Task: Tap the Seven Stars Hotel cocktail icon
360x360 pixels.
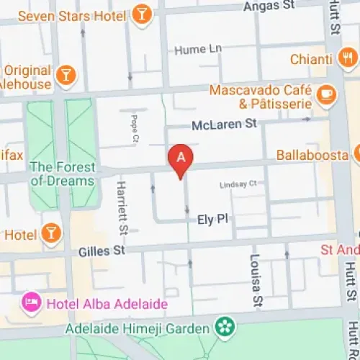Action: [142, 14]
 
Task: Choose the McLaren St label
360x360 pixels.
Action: [224, 125]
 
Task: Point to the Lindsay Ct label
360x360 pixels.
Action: [238, 184]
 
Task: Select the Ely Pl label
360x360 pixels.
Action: [212, 218]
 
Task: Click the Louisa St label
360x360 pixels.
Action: [256, 277]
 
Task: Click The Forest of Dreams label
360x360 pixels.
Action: [62, 174]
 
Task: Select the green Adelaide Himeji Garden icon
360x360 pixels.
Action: [226, 328]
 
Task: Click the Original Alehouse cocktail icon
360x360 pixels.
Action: [66, 73]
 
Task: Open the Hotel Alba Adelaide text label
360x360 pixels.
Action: [107, 303]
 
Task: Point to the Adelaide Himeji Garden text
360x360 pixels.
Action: [138, 328]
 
